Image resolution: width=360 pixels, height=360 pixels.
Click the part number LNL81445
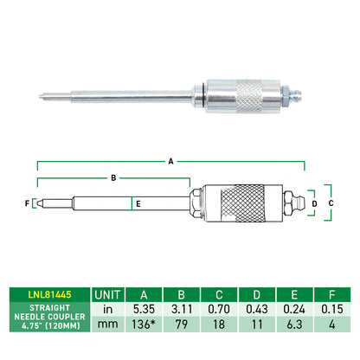[49, 294]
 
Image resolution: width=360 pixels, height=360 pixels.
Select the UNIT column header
[107, 295]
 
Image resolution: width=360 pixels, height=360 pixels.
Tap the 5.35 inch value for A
[144, 309]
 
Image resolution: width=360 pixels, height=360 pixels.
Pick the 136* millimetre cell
[144, 325]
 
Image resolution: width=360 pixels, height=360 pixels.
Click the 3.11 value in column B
[182, 309]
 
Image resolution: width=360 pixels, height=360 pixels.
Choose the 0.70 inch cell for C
[219, 309]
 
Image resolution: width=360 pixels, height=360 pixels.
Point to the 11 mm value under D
[256, 325]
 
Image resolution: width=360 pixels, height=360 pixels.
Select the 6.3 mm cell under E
[294, 325]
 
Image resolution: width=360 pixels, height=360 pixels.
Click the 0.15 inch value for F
[332, 309]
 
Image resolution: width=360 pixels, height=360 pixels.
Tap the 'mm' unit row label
[107, 325]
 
